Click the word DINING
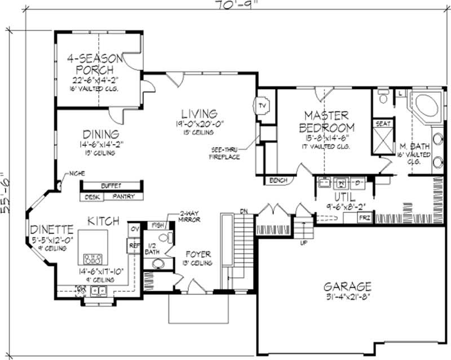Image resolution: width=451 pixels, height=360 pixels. pyautogui.click(x=101, y=134)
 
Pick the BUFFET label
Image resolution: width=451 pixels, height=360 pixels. pyautogui.click(x=111, y=185)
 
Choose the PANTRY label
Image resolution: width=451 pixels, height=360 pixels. pyautogui.click(x=123, y=197)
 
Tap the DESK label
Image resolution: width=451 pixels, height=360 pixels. pyautogui.click(x=92, y=197)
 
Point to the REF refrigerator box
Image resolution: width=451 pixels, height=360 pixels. pyautogui.click(x=135, y=246)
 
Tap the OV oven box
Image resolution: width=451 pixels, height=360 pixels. pyautogui.click(x=135, y=229)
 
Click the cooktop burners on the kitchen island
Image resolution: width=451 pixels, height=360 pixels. pyautogui.click(x=92, y=260)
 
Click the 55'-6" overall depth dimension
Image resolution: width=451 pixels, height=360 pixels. pyautogui.click(x=7, y=184)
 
